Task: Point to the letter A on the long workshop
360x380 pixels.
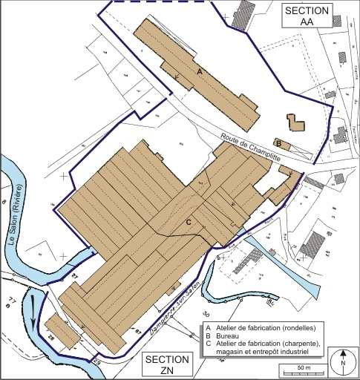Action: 199,71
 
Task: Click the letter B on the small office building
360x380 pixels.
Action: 278,142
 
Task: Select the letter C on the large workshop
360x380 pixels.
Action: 189,222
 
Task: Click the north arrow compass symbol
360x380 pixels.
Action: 342,362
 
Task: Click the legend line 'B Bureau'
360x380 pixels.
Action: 231,335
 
